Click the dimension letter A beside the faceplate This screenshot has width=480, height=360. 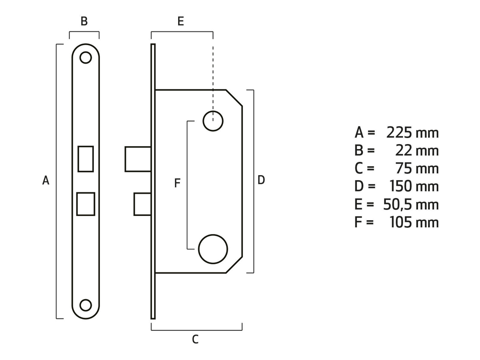[x=46, y=181]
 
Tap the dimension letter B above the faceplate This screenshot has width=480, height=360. [x=84, y=22]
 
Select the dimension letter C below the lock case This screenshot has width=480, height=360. [x=195, y=340]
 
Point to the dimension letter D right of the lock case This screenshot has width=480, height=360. [x=261, y=180]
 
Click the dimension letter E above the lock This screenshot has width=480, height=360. [x=181, y=22]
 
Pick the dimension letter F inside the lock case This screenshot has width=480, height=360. [x=177, y=183]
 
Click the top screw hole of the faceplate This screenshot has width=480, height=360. [x=85, y=57]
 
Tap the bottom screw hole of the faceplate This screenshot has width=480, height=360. [x=85, y=305]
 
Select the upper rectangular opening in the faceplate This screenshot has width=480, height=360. [x=86, y=159]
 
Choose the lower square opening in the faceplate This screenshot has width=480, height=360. [x=86, y=204]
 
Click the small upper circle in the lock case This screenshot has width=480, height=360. [x=213, y=121]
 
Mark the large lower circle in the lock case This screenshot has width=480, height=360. [x=213, y=249]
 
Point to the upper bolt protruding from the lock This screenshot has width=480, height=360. [x=138, y=159]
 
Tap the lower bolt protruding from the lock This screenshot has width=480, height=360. [x=142, y=204]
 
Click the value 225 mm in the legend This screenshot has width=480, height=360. [x=412, y=133]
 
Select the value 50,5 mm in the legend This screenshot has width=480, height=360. [x=411, y=205]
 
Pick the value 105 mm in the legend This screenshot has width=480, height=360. [x=414, y=223]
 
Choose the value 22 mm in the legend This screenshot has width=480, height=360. [x=417, y=151]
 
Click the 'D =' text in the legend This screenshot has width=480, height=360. [x=364, y=187]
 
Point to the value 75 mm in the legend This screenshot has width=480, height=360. [x=417, y=169]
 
